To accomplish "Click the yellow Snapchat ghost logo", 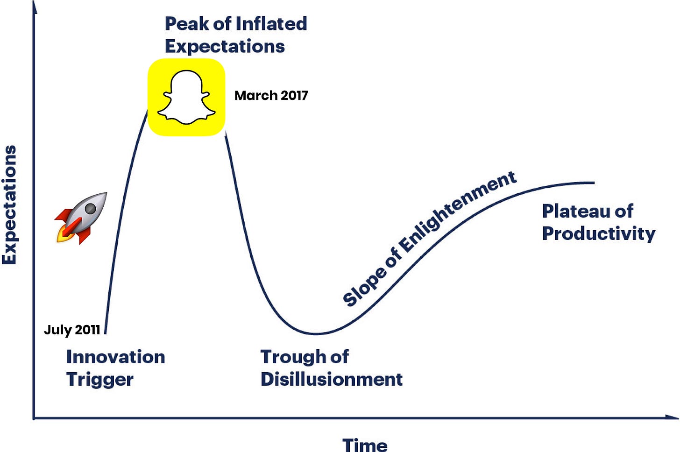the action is (x=186, y=97).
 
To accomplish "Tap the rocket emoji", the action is (x=81, y=218).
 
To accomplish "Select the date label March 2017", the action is (x=271, y=96).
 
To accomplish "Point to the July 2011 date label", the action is (x=72, y=330).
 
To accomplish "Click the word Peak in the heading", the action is (x=187, y=24).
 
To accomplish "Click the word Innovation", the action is (x=116, y=357).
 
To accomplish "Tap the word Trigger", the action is (x=100, y=380).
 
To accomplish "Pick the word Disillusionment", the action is (x=332, y=379).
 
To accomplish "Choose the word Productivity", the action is (x=599, y=234).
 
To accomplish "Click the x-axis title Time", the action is (x=365, y=445).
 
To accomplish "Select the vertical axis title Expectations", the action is (x=9, y=205).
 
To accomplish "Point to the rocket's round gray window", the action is (x=90, y=209).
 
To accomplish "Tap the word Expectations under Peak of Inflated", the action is (x=225, y=46).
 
